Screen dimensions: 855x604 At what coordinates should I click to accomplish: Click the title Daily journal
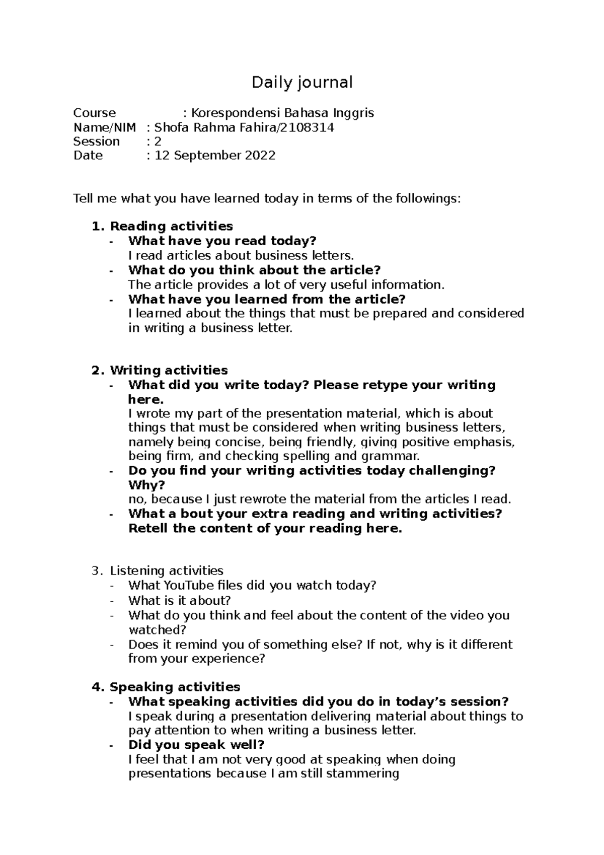click(302, 82)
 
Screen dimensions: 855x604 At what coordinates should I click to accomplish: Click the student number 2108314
click(308, 127)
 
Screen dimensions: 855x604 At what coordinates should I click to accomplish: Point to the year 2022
click(260, 156)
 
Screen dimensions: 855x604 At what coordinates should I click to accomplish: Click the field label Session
click(96, 141)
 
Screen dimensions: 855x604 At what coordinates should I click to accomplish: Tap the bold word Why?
click(146, 485)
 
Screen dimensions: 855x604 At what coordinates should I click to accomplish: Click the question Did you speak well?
click(196, 745)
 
